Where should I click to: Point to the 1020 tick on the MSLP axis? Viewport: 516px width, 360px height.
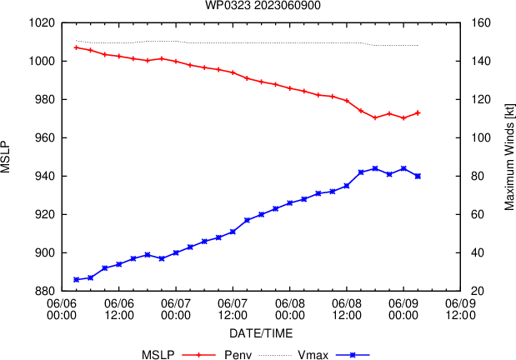42,22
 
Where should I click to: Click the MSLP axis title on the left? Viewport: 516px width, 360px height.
7,157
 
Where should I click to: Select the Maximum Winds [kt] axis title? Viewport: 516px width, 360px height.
508,157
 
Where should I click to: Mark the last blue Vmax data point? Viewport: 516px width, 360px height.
418,176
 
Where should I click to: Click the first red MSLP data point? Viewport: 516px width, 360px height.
76,47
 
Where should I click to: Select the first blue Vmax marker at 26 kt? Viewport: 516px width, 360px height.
76,279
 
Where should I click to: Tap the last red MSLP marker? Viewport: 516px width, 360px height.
418,112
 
